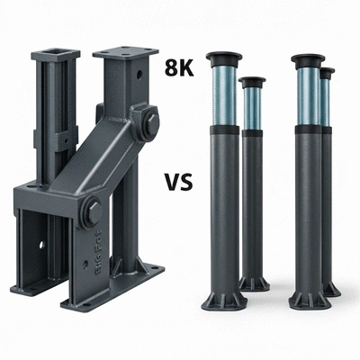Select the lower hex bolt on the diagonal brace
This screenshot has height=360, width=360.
(93, 213)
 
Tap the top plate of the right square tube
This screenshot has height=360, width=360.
(125, 51)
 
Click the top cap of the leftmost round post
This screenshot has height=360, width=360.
(222, 58)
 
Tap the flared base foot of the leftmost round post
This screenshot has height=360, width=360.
(222, 297)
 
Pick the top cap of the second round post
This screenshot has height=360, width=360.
(253, 82)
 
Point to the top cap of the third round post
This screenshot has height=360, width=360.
(307, 58)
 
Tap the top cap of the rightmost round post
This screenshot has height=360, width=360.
(327, 71)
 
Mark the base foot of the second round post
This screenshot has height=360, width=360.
(254, 283)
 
